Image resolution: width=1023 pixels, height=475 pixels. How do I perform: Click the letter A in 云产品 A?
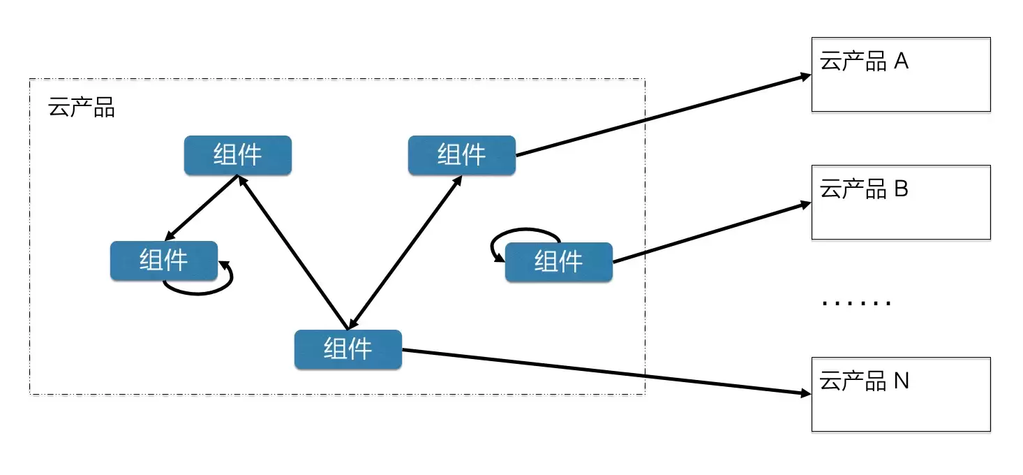click(901, 61)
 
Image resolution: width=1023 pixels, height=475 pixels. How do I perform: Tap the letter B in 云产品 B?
click(901, 189)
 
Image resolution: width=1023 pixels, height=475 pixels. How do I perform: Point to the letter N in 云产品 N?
click(901, 381)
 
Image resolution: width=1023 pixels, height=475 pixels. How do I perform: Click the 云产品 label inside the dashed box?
click(81, 108)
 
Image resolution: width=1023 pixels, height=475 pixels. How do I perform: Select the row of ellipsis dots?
click(856, 302)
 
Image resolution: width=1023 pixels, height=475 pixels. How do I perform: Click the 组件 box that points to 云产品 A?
click(462, 155)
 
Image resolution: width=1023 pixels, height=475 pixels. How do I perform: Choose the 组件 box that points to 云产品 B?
click(558, 261)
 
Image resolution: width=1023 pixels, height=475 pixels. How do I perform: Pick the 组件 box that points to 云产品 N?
click(348, 349)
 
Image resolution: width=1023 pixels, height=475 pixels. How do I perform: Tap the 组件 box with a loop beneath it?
click(164, 261)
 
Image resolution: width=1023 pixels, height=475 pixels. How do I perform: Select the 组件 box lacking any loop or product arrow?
click(238, 155)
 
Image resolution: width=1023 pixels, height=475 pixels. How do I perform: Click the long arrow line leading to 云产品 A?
click(663, 116)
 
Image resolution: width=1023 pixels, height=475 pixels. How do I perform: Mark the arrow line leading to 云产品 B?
click(712, 233)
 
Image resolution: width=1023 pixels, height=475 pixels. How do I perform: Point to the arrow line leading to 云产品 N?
click(606, 372)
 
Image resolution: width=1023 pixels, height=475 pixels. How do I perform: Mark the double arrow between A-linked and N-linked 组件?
click(405, 252)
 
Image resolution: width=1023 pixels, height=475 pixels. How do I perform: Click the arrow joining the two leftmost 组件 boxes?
click(201, 208)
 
